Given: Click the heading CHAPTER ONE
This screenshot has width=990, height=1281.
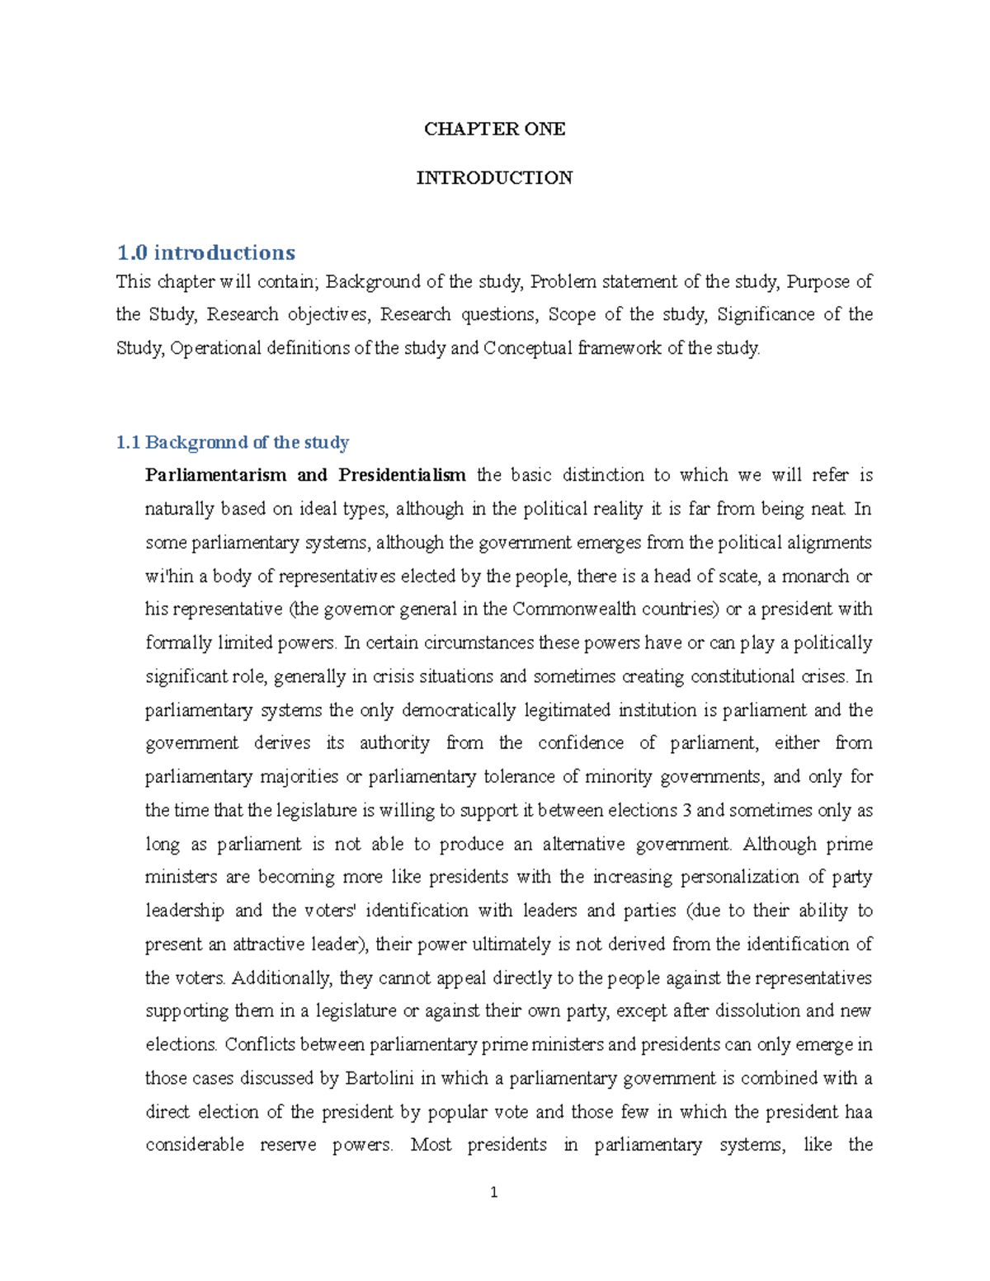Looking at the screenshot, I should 494,129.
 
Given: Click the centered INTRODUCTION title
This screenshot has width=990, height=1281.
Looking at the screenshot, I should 494,178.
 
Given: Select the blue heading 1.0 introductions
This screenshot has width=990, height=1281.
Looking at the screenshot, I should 205,252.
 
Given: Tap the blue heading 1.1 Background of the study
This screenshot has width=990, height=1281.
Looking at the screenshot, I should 233,443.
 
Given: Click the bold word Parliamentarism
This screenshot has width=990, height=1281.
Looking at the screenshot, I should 215,476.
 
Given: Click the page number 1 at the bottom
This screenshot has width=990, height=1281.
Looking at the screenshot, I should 493,1192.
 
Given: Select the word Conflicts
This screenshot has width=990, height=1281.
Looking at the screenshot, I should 259,1045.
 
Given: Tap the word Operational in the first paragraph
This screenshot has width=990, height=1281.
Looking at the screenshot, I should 214,349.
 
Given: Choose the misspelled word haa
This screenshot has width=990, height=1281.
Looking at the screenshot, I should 858,1113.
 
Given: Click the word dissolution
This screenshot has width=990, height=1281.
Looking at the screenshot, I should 757,1011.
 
